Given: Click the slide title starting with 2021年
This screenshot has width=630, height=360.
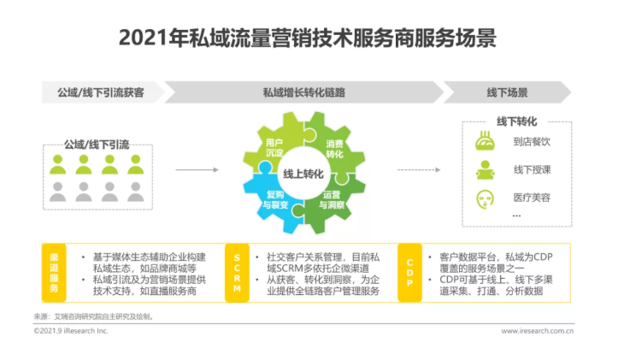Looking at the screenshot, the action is [x=308, y=38].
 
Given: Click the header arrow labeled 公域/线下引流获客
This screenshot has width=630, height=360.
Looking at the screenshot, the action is [x=102, y=92].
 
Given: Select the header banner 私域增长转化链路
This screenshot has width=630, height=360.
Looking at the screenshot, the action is [x=303, y=92].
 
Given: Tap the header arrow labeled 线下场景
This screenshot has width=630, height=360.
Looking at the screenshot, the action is [x=507, y=92].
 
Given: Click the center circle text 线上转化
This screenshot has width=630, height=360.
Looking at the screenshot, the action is [x=303, y=174].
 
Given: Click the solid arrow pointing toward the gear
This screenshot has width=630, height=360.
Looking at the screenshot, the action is [x=197, y=170].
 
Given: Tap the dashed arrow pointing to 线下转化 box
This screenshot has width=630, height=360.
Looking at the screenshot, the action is [x=419, y=170].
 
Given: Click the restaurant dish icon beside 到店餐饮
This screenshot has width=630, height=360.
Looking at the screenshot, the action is [x=485, y=141].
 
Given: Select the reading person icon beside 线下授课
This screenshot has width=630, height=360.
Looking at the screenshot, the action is [x=485, y=170].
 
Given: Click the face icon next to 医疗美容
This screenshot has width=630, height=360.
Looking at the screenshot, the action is [x=485, y=199].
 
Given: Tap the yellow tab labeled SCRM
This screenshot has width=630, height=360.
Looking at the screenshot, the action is [x=237, y=273].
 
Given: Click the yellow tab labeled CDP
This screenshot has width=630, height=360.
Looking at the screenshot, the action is [x=409, y=273].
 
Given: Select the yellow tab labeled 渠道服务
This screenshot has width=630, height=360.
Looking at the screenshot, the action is [x=54, y=273].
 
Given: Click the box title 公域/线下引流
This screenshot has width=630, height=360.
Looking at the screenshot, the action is [x=97, y=145].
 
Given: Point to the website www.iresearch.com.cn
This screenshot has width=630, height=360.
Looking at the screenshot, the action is [x=537, y=331].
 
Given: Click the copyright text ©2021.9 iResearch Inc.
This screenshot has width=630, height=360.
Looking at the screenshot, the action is [x=71, y=331].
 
